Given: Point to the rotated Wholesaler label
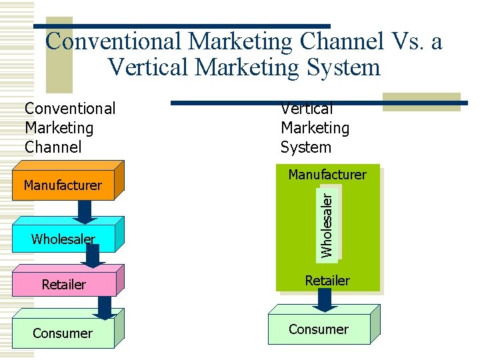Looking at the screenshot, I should pyautogui.click(x=327, y=222).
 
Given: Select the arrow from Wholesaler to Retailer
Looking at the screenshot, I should pyautogui.click(x=93, y=257).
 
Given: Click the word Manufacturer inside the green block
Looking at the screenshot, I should pyautogui.click(x=327, y=175).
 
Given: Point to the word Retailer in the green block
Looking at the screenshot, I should pyautogui.click(x=327, y=281).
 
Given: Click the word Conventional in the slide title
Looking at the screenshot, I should pyautogui.click(x=113, y=41).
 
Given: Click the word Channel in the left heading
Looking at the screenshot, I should pyautogui.click(x=53, y=147).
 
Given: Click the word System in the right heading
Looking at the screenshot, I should pyautogui.click(x=305, y=147).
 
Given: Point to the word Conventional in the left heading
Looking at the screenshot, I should pyautogui.click(x=70, y=109).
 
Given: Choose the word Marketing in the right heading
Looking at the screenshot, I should pyautogui.click(x=315, y=128).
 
